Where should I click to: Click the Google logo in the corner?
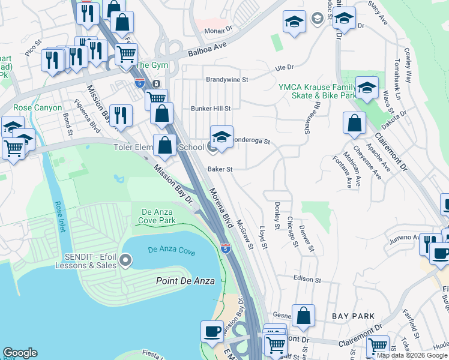point(20,353)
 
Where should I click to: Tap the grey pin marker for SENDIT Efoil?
point(125,260)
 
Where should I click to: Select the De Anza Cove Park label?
point(158,216)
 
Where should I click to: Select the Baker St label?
point(220,169)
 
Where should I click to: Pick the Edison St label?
point(308,280)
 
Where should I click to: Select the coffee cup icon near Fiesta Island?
point(211,331)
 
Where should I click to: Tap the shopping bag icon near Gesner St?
point(304,314)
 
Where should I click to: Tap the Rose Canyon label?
point(37,107)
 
